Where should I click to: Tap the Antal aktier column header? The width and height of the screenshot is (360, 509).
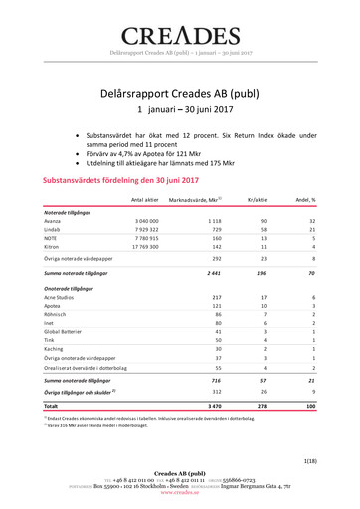pyautogui.click(x=145, y=200)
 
